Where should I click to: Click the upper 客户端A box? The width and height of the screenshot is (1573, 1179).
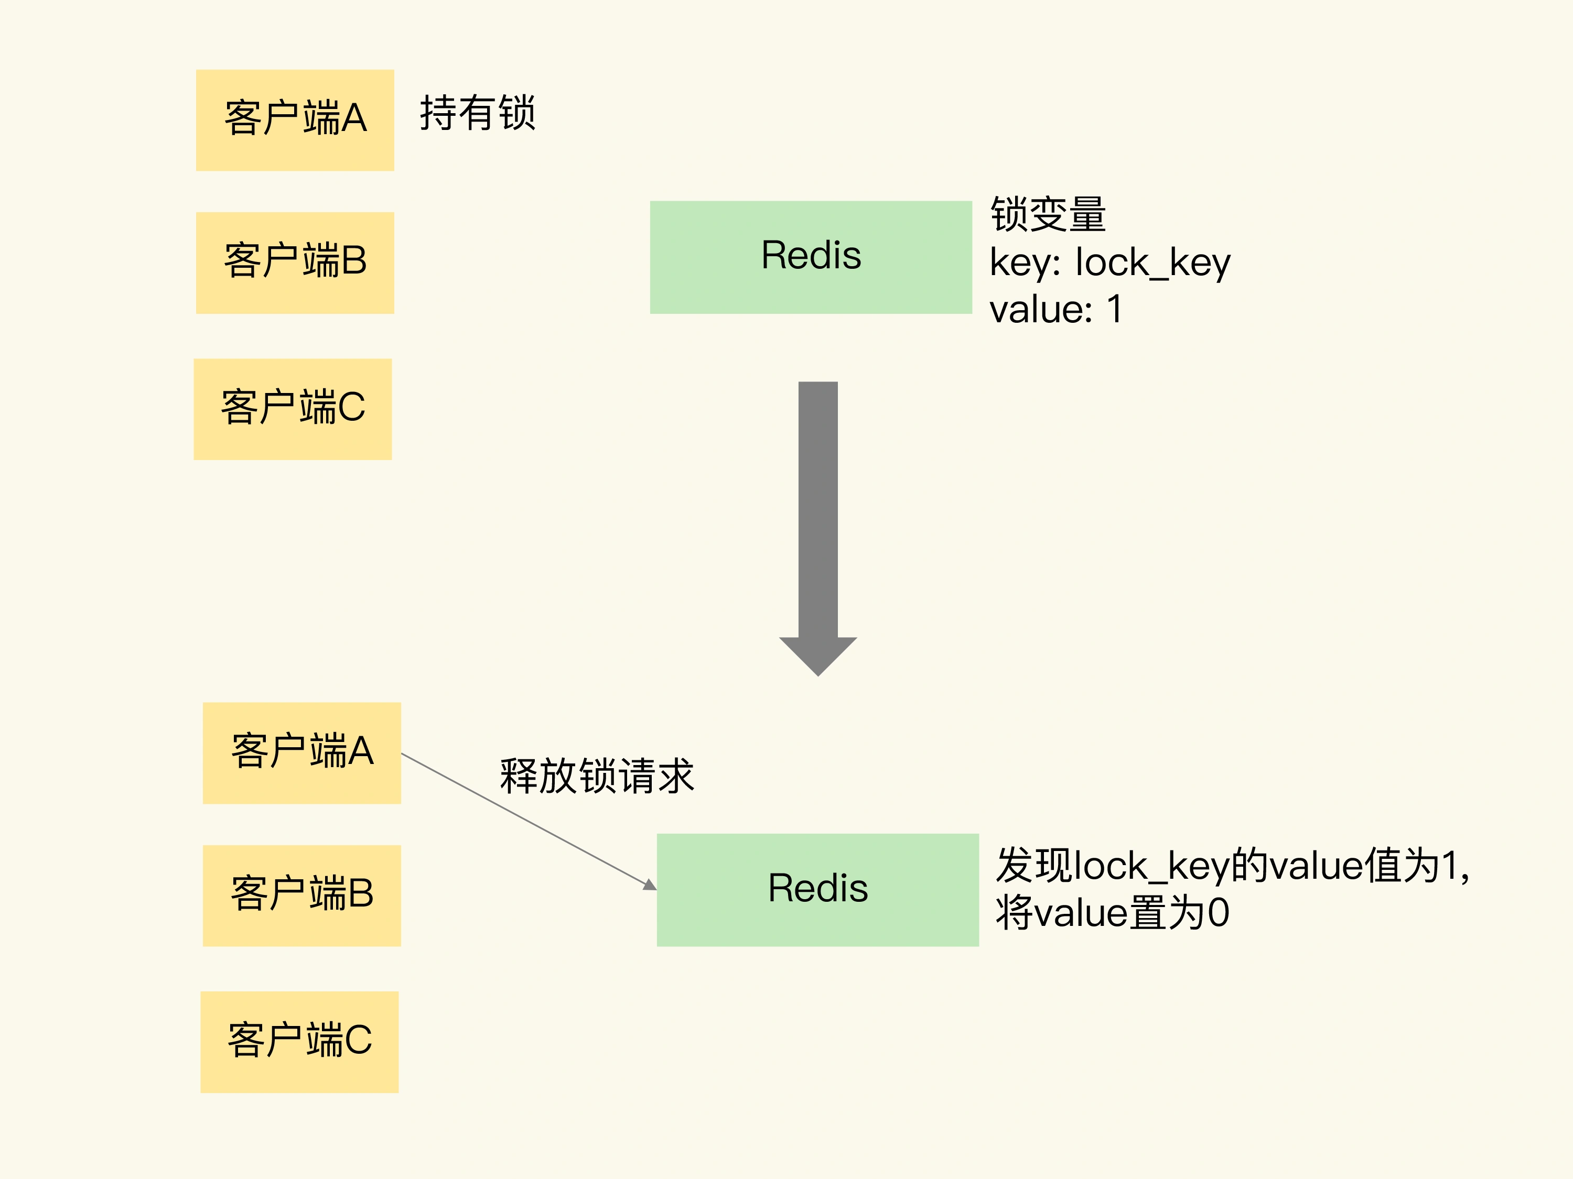(x=295, y=120)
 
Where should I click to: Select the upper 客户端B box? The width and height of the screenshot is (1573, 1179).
(x=295, y=263)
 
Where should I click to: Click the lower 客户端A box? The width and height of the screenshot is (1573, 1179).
(x=301, y=754)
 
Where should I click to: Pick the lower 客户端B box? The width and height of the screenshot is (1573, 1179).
(x=301, y=896)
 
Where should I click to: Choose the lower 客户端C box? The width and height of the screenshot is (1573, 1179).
(x=299, y=1042)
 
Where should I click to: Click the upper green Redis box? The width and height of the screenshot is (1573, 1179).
(x=811, y=257)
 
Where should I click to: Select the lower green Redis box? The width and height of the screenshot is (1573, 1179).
(x=818, y=890)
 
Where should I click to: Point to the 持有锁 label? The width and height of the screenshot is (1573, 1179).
(x=477, y=114)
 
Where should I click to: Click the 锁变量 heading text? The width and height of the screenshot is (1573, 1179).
(x=1048, y=215)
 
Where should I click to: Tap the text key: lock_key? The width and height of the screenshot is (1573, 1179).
(x=1109, y=263)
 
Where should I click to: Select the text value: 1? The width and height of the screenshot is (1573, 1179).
(x=1056, y=310)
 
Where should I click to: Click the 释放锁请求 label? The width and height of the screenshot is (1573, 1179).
(x=597, y=776)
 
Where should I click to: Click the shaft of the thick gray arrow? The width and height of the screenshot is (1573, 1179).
(x=818, y=508)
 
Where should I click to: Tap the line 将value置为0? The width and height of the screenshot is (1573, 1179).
(x=1112, y=913)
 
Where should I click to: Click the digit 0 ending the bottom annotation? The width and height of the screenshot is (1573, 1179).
(x=1218, y=913)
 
